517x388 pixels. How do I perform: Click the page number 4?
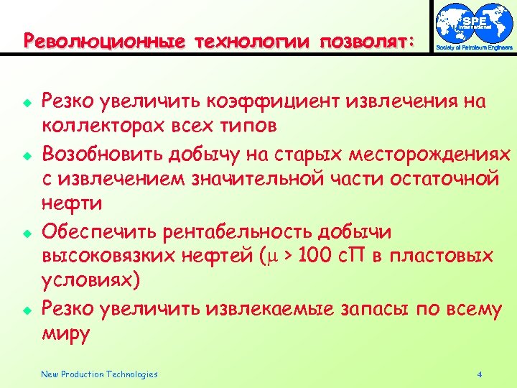click(479, 374)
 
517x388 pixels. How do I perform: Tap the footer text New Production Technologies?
click(99, 374)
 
